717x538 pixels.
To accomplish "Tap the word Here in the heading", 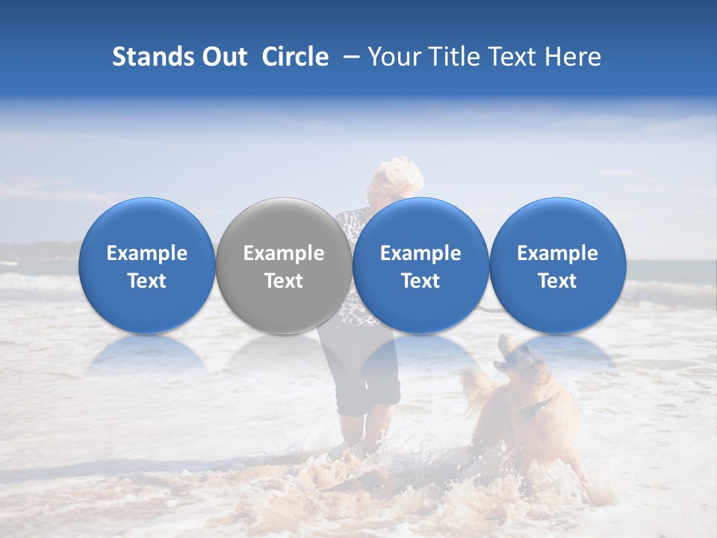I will (x=572, y=57).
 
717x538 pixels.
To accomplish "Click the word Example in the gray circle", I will (x=284, y=253).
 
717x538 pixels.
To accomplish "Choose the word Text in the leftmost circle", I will (x=146, y=281).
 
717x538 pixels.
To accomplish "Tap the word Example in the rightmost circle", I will (x=557, y=253).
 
